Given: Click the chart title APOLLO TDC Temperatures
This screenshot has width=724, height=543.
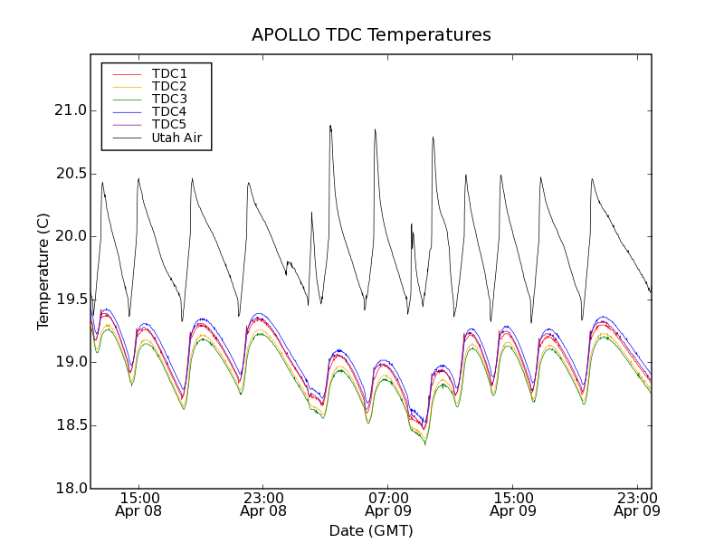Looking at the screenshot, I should (371, 35).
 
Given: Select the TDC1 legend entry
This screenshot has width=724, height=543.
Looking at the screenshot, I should (169, 73).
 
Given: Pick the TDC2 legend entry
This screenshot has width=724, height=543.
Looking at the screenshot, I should (169, 86).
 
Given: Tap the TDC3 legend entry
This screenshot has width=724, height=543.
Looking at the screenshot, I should (169, 99).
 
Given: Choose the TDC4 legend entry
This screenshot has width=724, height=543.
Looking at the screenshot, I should (169, 112).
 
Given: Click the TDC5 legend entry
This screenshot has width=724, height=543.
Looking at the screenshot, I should (169, 125).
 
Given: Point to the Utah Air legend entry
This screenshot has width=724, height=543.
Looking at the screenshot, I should (176, 138).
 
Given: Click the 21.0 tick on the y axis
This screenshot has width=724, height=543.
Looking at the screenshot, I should (70, 110).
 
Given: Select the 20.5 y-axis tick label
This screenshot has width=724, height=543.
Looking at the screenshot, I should (70, 174).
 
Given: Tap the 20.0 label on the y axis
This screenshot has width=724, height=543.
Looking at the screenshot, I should (70, 236).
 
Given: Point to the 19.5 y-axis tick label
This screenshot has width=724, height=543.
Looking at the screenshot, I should (70, 300).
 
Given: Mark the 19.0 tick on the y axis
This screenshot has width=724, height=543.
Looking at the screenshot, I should (70, 362).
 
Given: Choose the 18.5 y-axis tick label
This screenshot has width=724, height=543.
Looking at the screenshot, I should (70, 425).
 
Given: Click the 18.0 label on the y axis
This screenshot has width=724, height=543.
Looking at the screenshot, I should (70, 489).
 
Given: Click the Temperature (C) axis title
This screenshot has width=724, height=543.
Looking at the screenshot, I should (43, 271).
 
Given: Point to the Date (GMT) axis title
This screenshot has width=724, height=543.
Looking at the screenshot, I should (371, 530).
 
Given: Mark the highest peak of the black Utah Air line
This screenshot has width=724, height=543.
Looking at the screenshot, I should (330, 126).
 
